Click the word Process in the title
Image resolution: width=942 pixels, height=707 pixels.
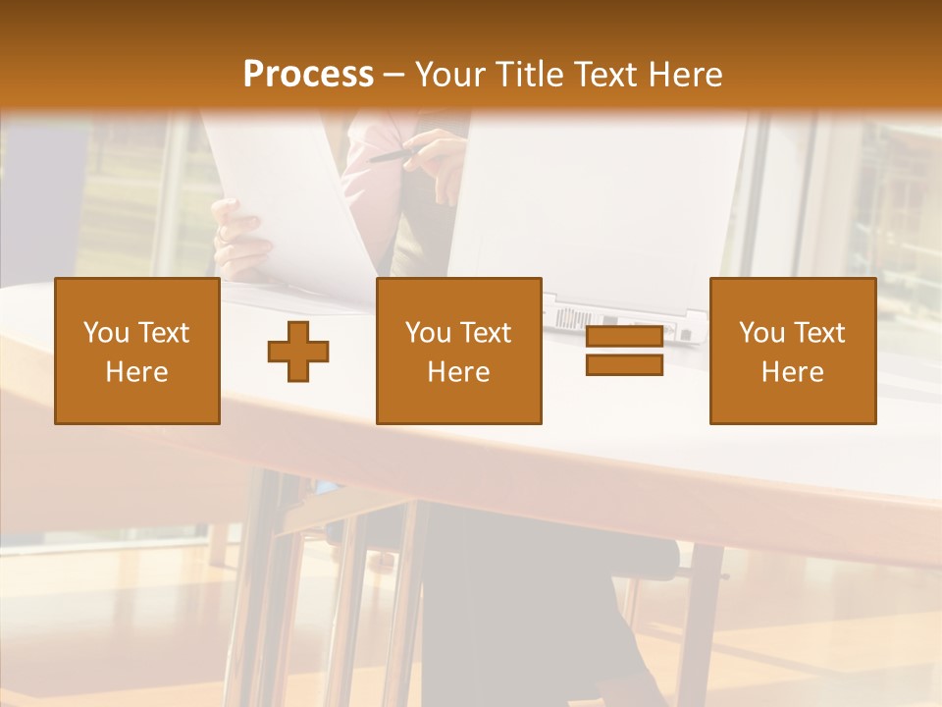(308, 75)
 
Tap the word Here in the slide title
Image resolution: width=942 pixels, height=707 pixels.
(684, 75)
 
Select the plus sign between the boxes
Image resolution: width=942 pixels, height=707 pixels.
(298, 352)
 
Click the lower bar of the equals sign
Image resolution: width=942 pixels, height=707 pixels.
(624, 364)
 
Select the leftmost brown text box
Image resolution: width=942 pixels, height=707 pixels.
(137, 351)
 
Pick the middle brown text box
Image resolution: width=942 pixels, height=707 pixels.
(458, 351)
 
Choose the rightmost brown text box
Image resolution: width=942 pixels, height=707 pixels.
(792, 351)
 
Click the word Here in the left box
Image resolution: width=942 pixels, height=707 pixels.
(136, 372)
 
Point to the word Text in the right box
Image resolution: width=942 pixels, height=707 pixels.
(819, 333)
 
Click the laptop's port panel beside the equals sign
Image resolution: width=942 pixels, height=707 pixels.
(589, 318)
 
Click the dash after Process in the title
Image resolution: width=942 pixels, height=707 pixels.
(394, 75)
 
